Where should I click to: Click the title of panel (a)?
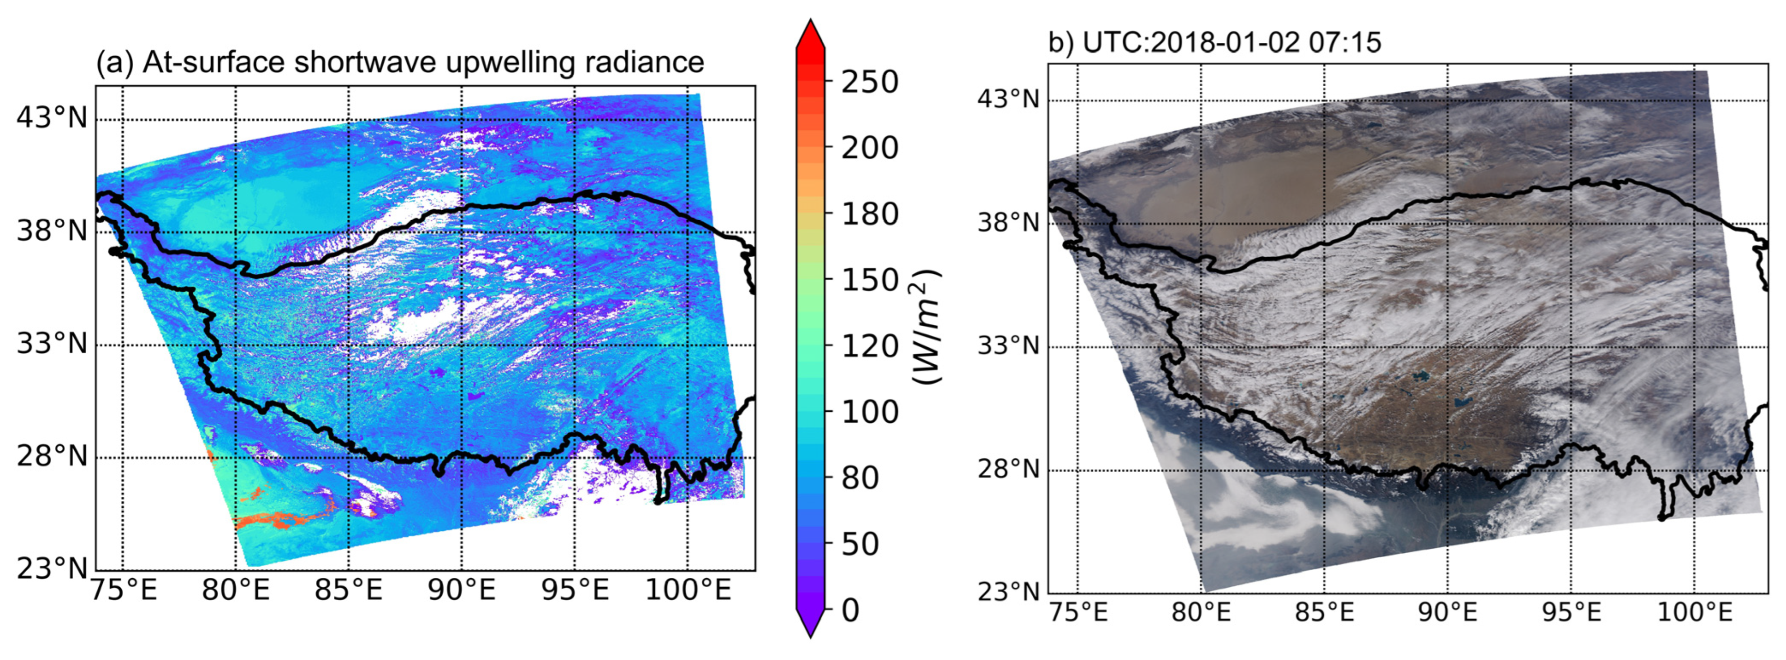tap(400, 62)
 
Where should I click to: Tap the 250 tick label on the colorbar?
tap(869, 82)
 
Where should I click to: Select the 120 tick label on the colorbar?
tap(869, 346)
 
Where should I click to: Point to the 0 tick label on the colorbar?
tap(850, 610)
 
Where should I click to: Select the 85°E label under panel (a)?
tap(348, 590)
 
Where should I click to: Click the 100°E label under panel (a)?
tap(688, 590)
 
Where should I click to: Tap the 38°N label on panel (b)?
tap(1009, 223)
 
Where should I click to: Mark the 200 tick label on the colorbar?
tap(869, 148)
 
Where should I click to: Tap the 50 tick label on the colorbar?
tap(860, 544)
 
